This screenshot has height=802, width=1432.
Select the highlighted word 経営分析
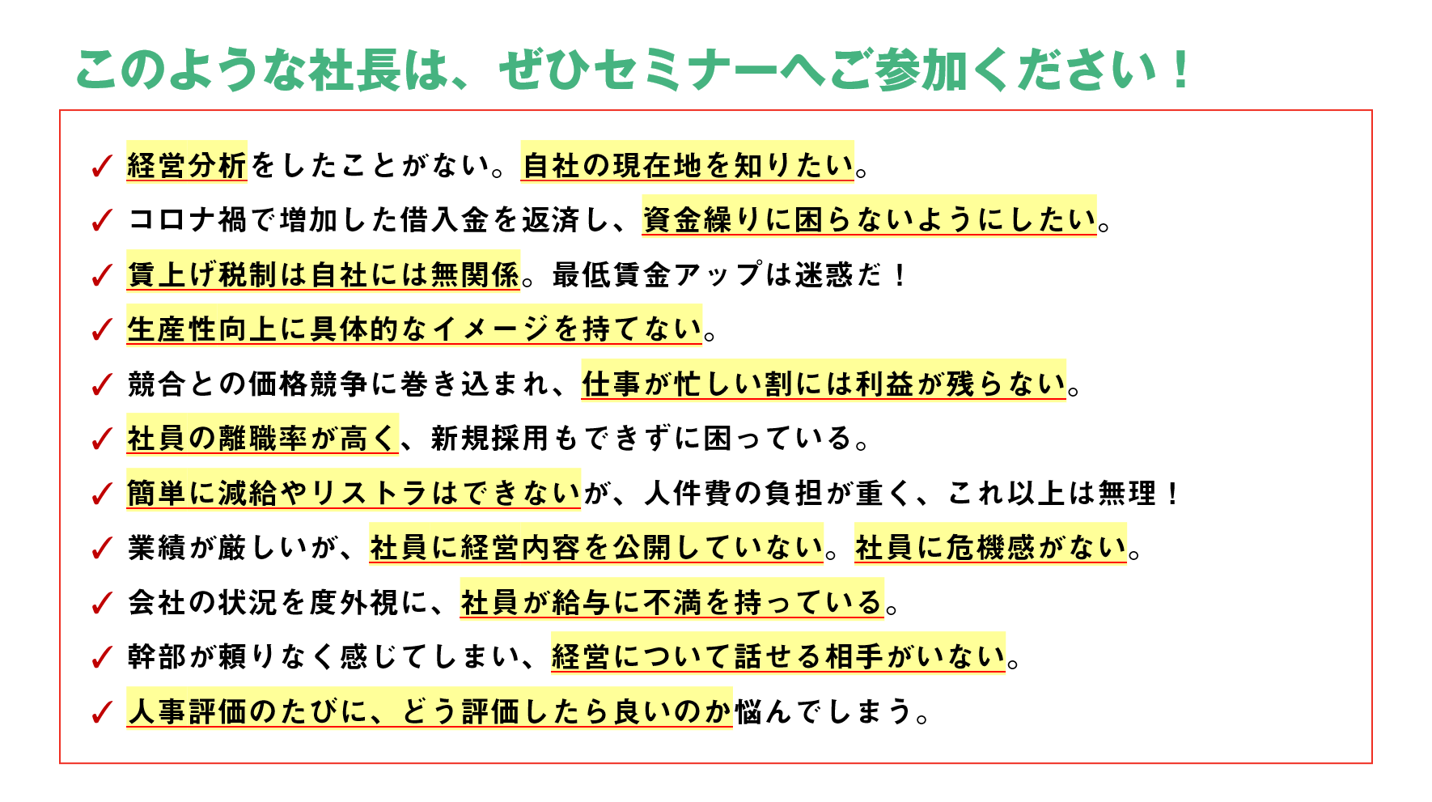[x=187, y=165]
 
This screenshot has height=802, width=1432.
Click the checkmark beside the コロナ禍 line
[x=102, y=220]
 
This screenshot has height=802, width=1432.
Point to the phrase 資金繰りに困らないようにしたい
[x=869, y=219]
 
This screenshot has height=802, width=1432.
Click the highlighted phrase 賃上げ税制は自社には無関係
[x=323, y=274]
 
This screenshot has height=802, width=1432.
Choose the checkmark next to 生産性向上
[x=102, y=330]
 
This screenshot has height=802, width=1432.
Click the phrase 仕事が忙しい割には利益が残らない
[x=824, y=384]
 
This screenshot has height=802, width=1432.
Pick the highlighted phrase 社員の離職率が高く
[x=262, y=438]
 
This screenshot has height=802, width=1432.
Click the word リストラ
[x=370, y=493]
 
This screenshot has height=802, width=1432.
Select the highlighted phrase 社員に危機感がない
[x=991, y=548]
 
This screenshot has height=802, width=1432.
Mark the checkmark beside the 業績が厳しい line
[x=102, y=549]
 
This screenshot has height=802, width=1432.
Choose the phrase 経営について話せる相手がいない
[x=778, y=656]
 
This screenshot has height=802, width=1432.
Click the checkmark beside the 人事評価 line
[x=102, y=713]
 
